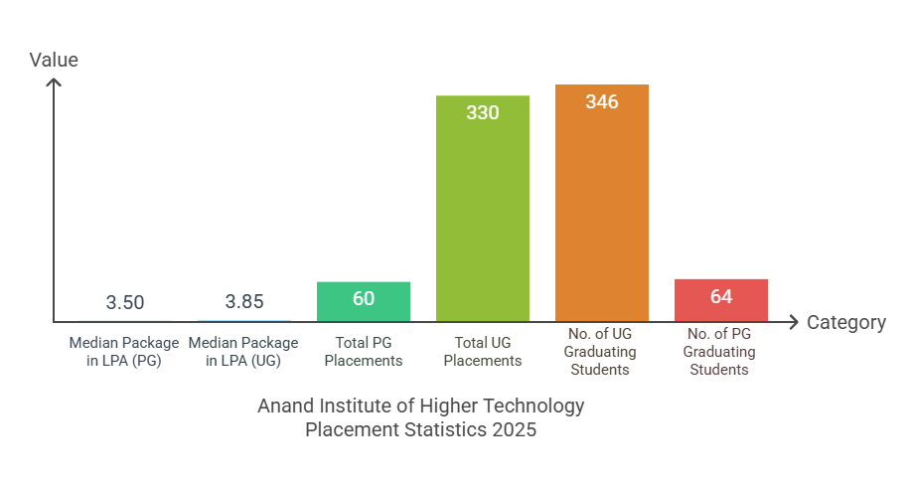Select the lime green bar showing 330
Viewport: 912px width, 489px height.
click(x=483, y=219)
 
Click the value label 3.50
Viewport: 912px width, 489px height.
click(x=125, y=302)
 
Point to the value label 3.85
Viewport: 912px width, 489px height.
click(x=244, y=302)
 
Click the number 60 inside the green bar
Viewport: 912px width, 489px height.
click(x=364, y=297)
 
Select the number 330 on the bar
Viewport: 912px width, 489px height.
click(x=483, y=112)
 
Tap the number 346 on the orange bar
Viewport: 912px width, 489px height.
click(x=602, y=102)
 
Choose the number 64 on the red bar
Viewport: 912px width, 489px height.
click(x=721, y=296)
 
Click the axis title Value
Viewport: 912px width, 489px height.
click(x=54, y=60)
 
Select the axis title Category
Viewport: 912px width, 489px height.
click(x=845, y=322)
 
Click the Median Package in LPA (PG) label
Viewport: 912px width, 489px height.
click(x=124, y=352)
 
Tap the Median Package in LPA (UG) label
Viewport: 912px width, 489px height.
click(x=243, y=352)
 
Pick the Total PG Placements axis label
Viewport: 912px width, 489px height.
click(x=364, y=352)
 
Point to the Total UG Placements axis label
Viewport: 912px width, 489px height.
click(x=483, y=352)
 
